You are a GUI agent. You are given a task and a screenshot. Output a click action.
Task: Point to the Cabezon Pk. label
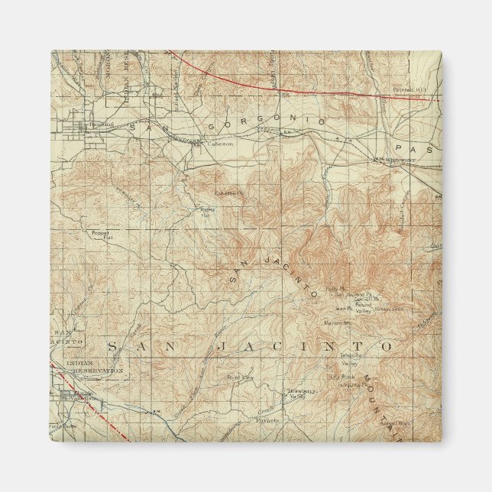(x=227, y=193)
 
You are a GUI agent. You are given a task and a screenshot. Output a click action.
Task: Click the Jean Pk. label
(x=340, y=309)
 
